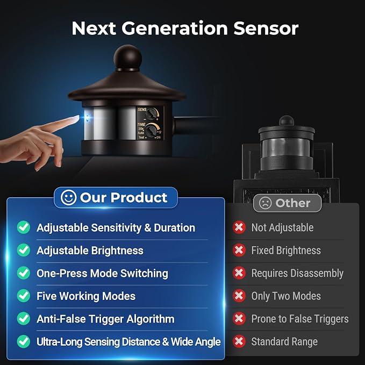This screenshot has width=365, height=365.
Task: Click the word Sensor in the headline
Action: tap(266, 28)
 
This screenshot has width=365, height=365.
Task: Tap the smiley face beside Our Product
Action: tap(68, 198)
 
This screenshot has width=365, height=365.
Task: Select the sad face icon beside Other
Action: tap(265, 203)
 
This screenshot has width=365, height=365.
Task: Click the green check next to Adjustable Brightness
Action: tap(24, 251)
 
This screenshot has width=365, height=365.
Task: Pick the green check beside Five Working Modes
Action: tap(24, 296)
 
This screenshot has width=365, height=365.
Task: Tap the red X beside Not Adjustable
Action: tap(239, 227)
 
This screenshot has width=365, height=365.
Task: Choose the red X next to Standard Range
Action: tap(239, 341)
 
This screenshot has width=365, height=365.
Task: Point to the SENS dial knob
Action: tap(151, 113)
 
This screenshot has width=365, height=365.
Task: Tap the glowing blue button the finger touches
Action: tap(87, 118)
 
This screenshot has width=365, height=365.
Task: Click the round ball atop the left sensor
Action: tap(127, 57)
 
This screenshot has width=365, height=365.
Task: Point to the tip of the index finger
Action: tap(78, 117)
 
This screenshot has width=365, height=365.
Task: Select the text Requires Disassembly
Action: tap(297, 273)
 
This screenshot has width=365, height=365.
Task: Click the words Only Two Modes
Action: tap(286, 296)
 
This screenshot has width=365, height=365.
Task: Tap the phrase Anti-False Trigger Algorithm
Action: tap(105, 319)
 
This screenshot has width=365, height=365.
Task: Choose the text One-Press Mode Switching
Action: tap(103, 273)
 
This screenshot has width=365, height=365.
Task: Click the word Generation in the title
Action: tap(175, 28)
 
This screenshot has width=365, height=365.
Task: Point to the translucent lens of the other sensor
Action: tap(286, 148)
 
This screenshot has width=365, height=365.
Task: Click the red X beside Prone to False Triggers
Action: tap(239, 319)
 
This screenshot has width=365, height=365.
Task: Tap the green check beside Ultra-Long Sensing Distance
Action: tap(24, 341)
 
